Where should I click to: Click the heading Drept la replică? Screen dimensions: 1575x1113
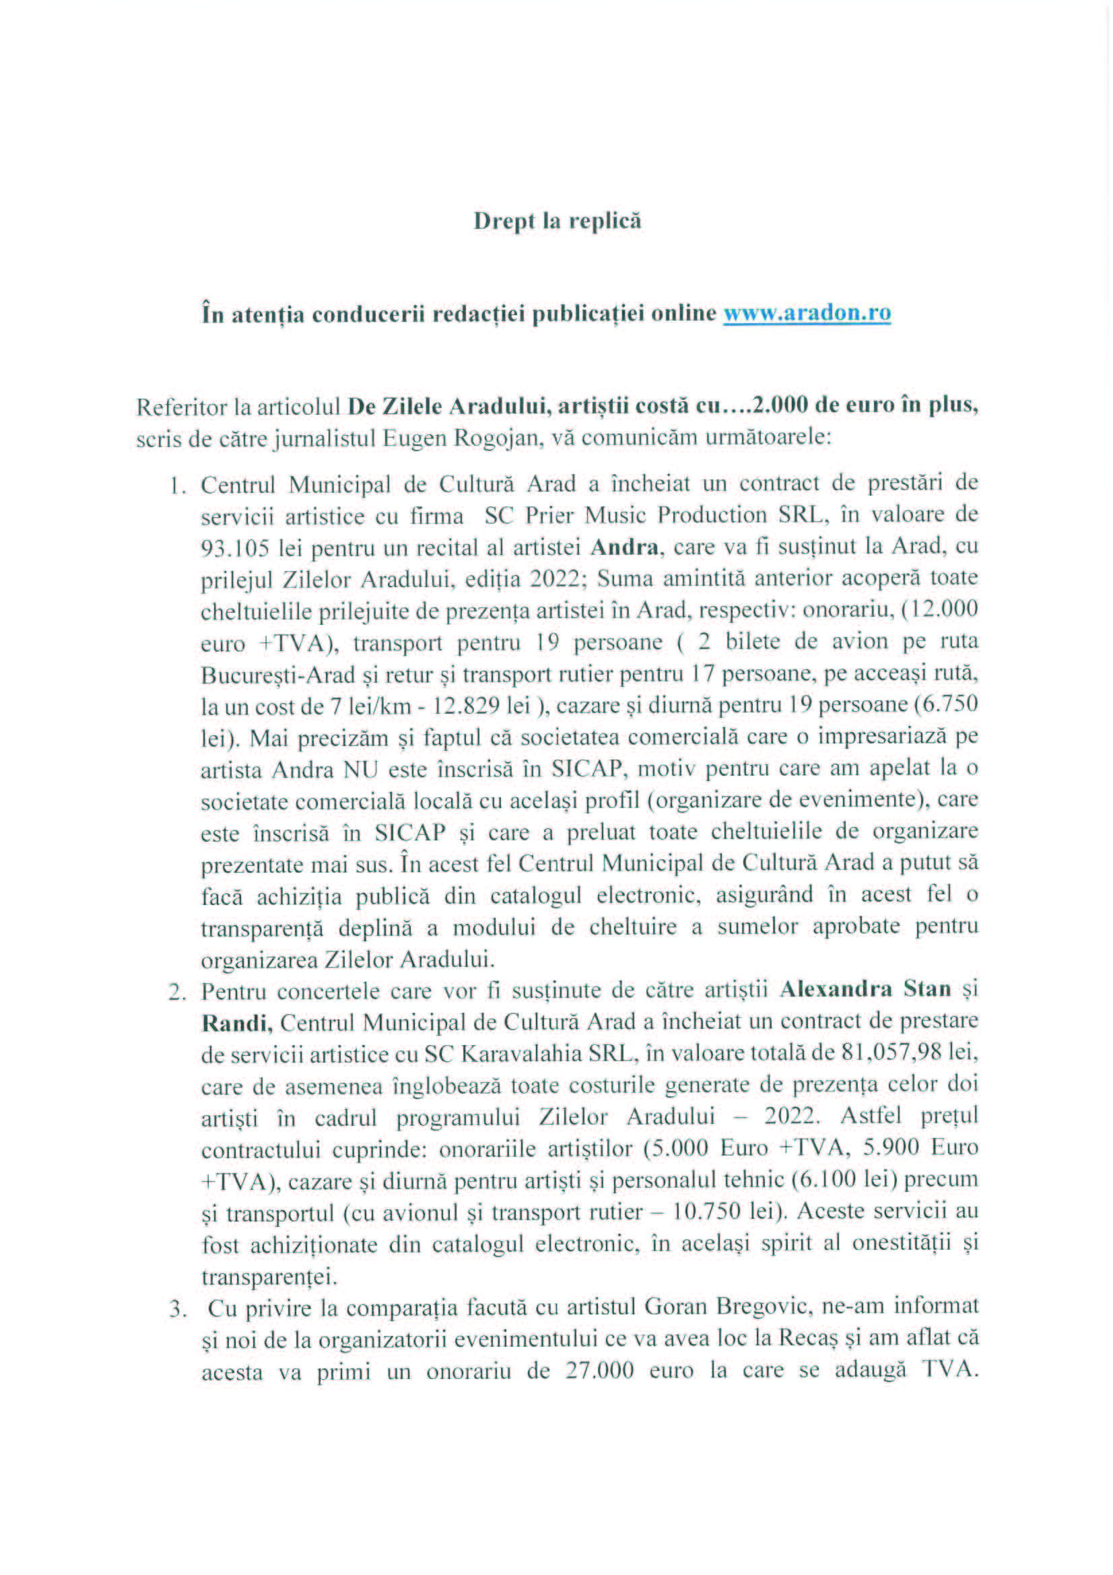(557, 222)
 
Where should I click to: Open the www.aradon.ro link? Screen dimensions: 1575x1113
(807, 314)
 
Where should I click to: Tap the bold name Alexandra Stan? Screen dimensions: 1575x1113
(865, 989)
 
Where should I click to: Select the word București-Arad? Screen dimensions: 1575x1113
(277, 675)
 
